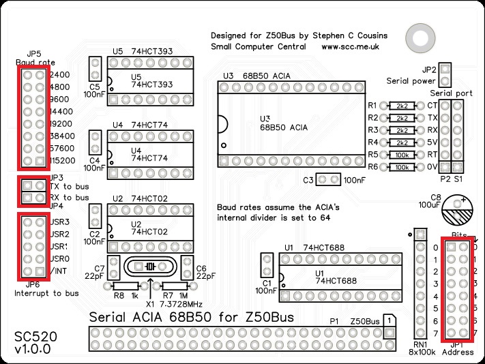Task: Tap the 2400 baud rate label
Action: (59, 75)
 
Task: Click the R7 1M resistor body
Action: (174, 287)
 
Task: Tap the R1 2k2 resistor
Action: (402, 106)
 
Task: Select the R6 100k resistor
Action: (402, 166)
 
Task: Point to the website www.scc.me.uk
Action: (351, 47)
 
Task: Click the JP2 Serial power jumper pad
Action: (445, 70)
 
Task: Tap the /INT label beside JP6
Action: (60, 271)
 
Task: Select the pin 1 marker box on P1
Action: (387, 320)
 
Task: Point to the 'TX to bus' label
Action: (69, 185)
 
